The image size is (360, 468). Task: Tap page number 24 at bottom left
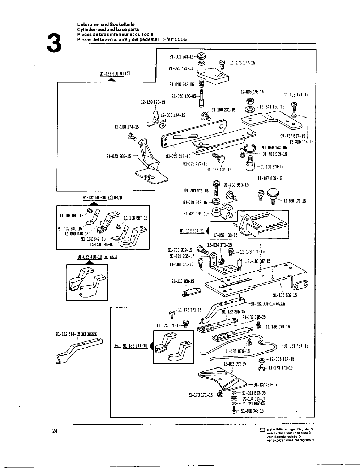pos(55,431)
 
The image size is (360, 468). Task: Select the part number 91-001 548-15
pos(181,57)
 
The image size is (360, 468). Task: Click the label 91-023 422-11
pos(181,68)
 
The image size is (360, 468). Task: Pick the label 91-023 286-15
pos(119,157)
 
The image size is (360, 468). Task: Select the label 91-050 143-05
pos(274,148)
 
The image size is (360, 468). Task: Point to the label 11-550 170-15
pos(295,201)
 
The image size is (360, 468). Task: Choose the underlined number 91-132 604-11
pos(192,231)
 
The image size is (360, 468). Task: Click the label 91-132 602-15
pos(285,295)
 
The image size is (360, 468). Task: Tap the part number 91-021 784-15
pos(296,346)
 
